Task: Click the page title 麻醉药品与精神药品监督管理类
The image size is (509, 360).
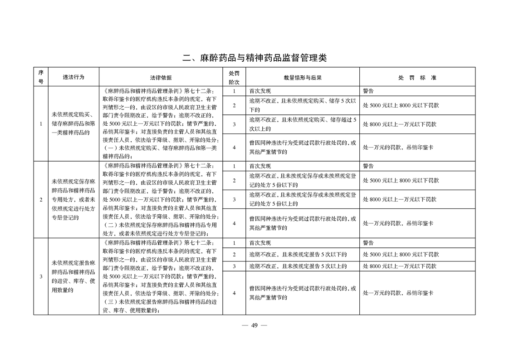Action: tap(254, 58)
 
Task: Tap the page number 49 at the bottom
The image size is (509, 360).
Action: tap(254, 325)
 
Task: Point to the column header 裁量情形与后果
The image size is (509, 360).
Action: tap(303, 77)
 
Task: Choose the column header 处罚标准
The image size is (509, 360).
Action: tap(417, 77)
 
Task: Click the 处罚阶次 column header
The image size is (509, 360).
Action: tap(234, 77)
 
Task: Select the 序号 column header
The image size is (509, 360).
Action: tap(41, 77)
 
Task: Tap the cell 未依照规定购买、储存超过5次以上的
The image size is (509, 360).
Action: tap(303, 124)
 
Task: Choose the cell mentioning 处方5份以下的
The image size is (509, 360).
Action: tap(303, 180)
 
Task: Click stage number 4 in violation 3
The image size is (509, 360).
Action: tap(234, 293)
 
